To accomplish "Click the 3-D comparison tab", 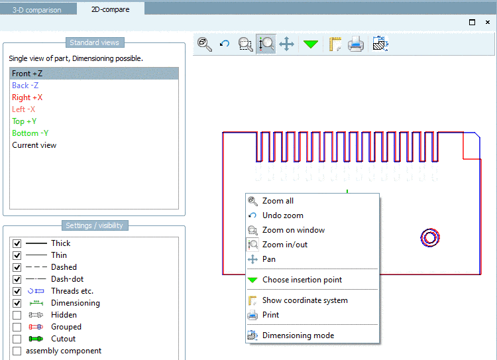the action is click(37, 9).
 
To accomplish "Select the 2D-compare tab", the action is click(110, 9).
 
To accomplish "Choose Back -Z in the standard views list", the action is click(25, 86).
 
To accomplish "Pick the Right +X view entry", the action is click(27, 97).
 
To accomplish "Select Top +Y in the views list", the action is click(25, 121).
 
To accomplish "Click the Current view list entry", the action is click(34, 145).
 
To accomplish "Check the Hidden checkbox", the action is click(17, 315).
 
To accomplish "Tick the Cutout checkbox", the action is click(17, 339).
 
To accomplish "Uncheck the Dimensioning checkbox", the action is click(17, 303).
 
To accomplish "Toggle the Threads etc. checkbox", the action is click(17, 291).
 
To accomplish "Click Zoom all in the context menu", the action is click(278, 201).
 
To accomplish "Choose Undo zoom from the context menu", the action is click(283, 215).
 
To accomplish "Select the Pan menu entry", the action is click(269, 259).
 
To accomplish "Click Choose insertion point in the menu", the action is click(302, 280).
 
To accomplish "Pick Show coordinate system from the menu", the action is click(305, 300).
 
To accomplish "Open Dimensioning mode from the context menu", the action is click(298, 335).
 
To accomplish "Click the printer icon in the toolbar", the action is click(356, 44).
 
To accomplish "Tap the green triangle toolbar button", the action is click(311, 44).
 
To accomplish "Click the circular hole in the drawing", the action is click(430, 237).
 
